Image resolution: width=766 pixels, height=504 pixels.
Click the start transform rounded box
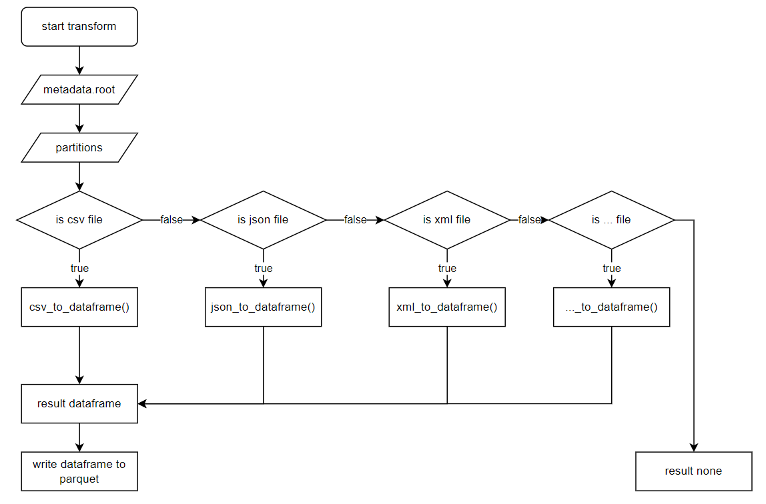[x=79, y=27]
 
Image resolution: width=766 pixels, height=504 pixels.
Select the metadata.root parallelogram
[x=79, y=89]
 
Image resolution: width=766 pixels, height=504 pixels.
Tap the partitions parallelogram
[x=79, y=147]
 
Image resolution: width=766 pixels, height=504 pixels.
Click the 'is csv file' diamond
[x=79, y=219]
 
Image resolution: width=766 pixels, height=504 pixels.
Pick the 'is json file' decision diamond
[x=264, y=219]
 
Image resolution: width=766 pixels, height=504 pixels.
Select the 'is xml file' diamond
[x=447, y=219]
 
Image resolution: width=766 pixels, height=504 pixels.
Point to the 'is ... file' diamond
[x=611, y=219]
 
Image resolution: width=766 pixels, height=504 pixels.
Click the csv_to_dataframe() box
[x=79, y=307]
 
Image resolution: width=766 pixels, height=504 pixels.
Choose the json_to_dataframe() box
[x=264, y=307]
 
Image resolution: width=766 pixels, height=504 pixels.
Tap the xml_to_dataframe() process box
[x=447, y=307]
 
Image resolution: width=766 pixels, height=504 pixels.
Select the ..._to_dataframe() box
[x=611, y=307]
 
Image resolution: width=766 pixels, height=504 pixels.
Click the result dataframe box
[x=79, y=403]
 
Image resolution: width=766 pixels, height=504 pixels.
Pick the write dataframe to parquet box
[x=79, y=471]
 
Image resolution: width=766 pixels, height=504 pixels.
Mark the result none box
[x=693, y=471]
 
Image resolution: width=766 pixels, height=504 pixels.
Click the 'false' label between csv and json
[x=171, y=220]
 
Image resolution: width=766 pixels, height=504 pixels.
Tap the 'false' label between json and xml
[x=355, y=220]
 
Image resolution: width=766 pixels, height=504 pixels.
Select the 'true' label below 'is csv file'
[x=79, y=269]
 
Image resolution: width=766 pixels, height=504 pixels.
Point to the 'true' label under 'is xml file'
[x=447, y=269]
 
